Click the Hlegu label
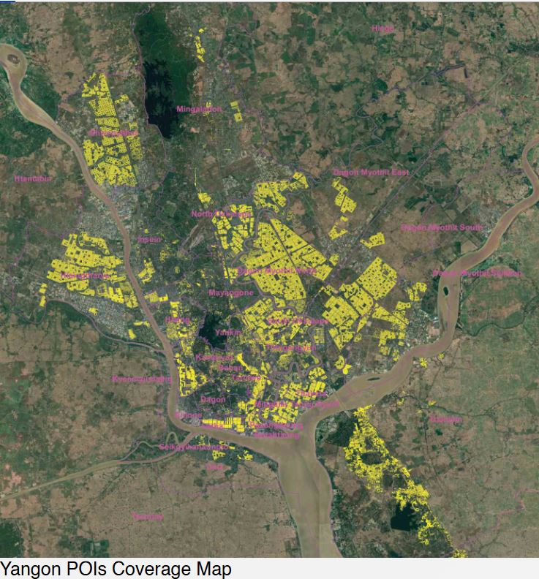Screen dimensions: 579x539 pos(382,29)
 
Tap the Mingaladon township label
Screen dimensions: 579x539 pos(198,109)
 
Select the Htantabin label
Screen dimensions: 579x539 pos(33,178)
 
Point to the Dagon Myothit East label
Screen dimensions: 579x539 pos(371,173)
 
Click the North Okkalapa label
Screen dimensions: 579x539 pos(221,214)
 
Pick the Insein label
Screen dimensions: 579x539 pos(149,239)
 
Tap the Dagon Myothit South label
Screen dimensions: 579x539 pos(442,227)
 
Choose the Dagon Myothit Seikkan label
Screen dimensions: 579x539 pos(477,273)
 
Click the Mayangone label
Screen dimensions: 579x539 pos(231,292)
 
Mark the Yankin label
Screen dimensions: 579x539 pos(227,333)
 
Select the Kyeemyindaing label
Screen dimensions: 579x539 pos(142,379)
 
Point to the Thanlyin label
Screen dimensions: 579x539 pos(445,419)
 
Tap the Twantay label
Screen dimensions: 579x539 pos(148,517)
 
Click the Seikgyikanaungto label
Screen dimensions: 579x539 pos(193,447)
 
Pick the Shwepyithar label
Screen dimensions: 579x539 pos(113,134)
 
